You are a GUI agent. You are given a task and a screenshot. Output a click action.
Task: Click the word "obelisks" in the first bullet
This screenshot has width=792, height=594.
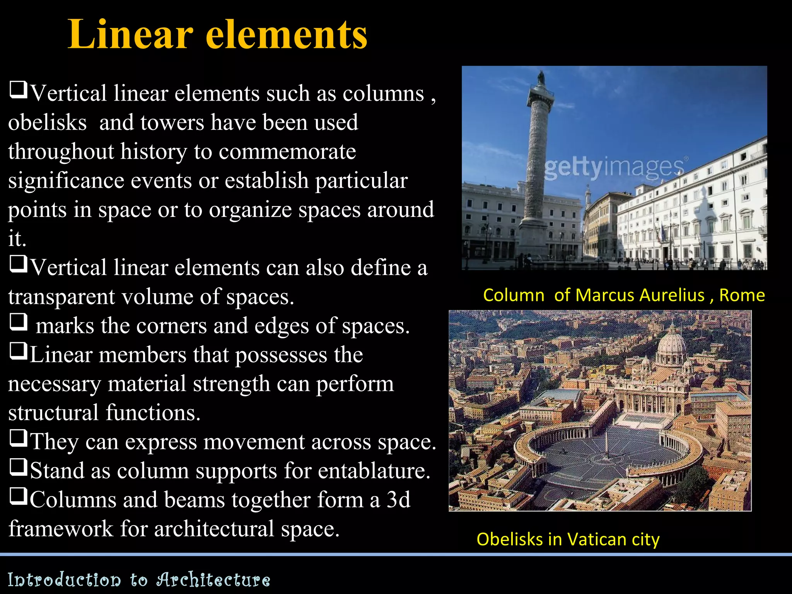[48, 123]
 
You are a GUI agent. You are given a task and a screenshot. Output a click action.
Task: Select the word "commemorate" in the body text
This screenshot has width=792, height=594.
[287, 151]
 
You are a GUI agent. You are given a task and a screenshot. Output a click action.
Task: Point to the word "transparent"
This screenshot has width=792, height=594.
[62, 297]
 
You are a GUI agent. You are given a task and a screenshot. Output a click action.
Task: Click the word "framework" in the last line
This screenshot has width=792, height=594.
[61, 529]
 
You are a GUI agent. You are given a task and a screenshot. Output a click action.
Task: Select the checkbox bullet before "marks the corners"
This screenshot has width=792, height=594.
[19, 322]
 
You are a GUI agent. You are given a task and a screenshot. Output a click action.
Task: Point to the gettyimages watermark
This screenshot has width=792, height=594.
[615, 167]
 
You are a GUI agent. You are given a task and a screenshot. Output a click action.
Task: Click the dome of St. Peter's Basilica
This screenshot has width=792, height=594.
[672, 340]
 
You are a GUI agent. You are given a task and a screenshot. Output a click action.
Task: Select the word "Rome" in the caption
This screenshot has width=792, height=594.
[742, 295]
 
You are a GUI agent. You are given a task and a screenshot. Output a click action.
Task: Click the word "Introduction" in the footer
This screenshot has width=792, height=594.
[64, 580]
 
